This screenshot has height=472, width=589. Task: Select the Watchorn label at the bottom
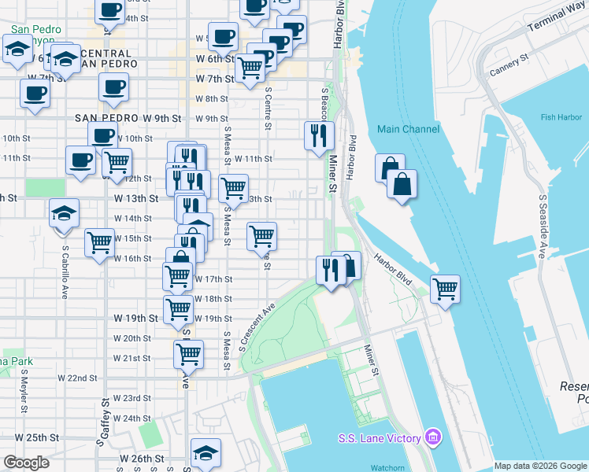tap(387, 467)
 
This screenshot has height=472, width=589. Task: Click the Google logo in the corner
tap(26, 463)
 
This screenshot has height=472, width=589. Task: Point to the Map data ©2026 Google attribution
tap(540, 466)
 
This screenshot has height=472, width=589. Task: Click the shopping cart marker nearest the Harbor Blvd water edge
tap(445, 289)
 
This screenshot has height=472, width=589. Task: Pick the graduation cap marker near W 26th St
tap(205, 452)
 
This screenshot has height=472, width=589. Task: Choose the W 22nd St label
tap(76, 378)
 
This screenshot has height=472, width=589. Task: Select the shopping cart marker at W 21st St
tap(188, 355)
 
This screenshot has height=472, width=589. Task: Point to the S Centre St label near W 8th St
tap(269, 101)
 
